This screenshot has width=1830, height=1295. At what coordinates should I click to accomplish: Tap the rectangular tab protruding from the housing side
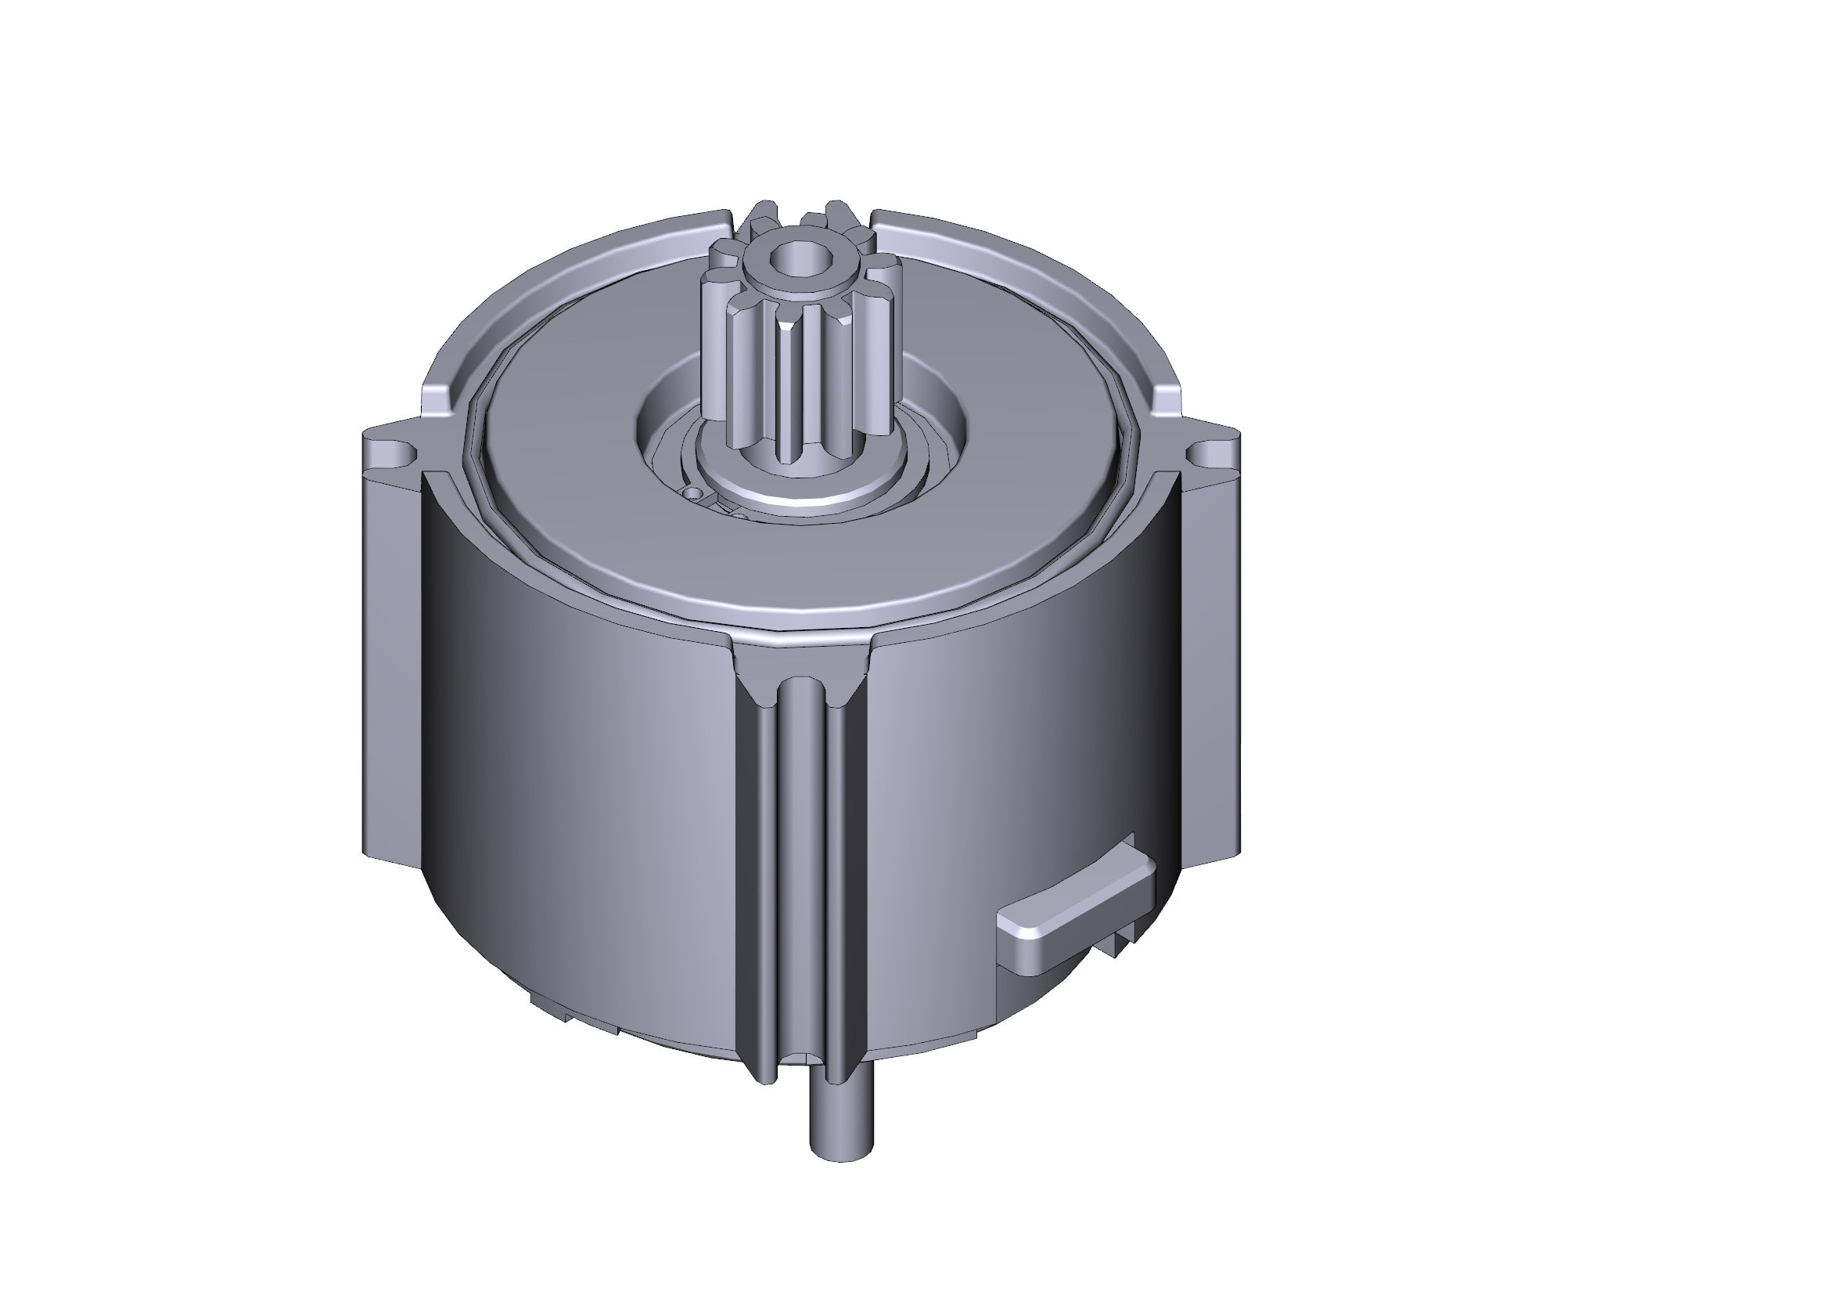(1076, 908)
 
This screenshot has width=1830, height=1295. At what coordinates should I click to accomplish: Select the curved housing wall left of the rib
(590, 797)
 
